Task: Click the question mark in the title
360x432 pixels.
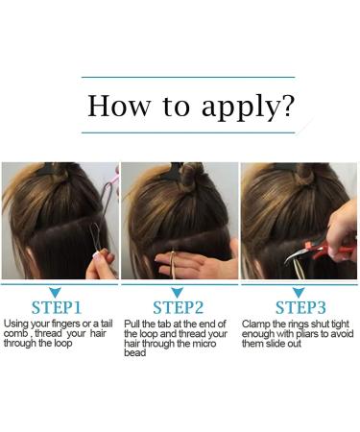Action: coord(287,105)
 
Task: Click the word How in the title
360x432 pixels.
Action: coord(119,106)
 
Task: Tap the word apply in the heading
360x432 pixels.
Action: coord(241,108)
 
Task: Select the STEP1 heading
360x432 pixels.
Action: coord(57,307)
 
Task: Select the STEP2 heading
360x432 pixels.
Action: coord(178,307)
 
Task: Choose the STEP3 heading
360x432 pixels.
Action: coord(300,307)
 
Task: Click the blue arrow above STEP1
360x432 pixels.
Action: coord(56,292)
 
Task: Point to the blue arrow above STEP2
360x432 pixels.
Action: coord(177,292)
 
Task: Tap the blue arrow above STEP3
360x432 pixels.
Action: coord(299,292)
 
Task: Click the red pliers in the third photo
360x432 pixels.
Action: coord(324,248)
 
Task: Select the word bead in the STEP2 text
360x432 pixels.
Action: coord(134,353)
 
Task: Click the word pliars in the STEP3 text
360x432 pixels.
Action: coord(305,334)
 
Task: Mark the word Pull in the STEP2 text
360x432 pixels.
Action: coord(131,324)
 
